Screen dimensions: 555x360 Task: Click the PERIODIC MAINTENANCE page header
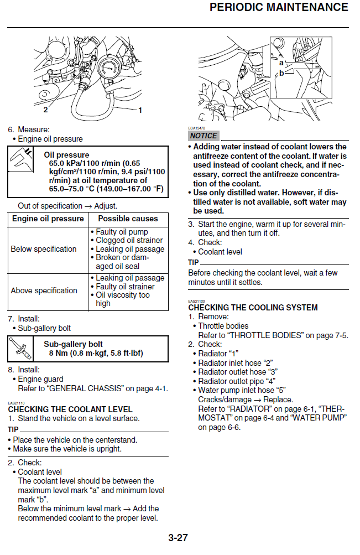click(279, 8)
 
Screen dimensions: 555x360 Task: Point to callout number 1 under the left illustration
click(140, 111)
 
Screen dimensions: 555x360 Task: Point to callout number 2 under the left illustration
click(45, 111)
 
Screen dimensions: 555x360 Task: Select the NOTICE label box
click(204, 136)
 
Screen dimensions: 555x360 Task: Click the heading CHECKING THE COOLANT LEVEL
click(70, 409)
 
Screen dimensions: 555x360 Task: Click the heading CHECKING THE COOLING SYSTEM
click(253, 308)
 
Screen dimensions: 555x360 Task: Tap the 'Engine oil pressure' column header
click(48, 219)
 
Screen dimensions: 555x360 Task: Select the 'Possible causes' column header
click(128, 219)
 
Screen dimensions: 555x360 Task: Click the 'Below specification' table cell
click(44, 249)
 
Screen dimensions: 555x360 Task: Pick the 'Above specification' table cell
click(44, 291)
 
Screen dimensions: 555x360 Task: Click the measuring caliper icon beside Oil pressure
click(22, 159)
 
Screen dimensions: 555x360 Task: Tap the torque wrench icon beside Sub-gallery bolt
click(22, 348)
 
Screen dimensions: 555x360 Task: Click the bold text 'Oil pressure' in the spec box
click(66, 155)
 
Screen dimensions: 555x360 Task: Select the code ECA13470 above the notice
click(196, 128)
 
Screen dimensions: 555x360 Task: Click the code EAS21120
click(196, 301)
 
